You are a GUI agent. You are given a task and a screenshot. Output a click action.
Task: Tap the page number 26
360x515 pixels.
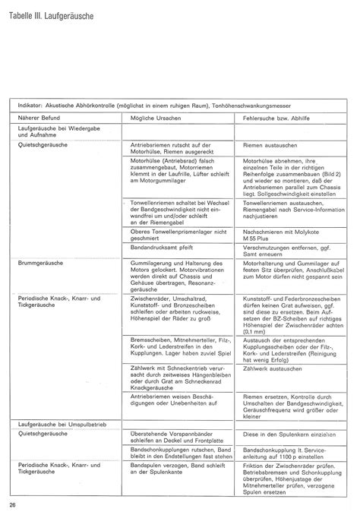(x=13, y=505)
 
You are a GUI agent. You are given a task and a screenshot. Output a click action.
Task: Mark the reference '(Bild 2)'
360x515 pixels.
(x=337, y=175)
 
